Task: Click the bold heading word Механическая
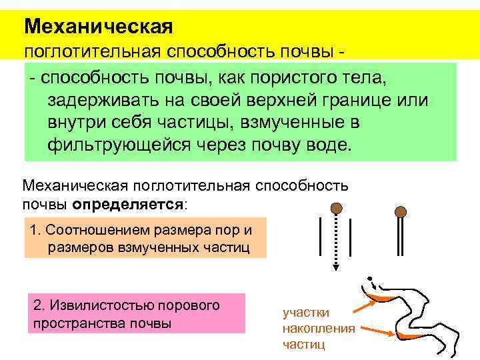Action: (98, 27)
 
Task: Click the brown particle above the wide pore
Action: (337, 207)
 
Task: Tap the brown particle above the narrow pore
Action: (400, 213)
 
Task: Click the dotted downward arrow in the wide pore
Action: (337, 240)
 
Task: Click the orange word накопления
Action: (319, 329)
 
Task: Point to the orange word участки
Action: (305, 313)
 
